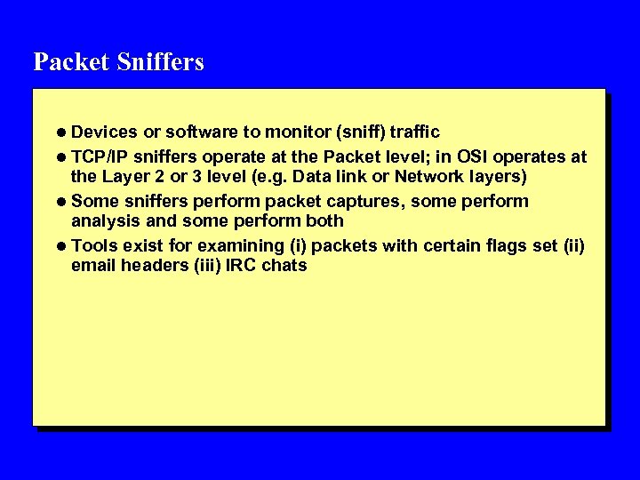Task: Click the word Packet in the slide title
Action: click(68, 62)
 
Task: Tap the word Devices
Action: click(104, 132)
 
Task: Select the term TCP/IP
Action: click(99, 156)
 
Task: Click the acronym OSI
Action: click(467, 156)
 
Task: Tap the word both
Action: click(325, 220)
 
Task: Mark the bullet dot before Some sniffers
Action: click(61, 202)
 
